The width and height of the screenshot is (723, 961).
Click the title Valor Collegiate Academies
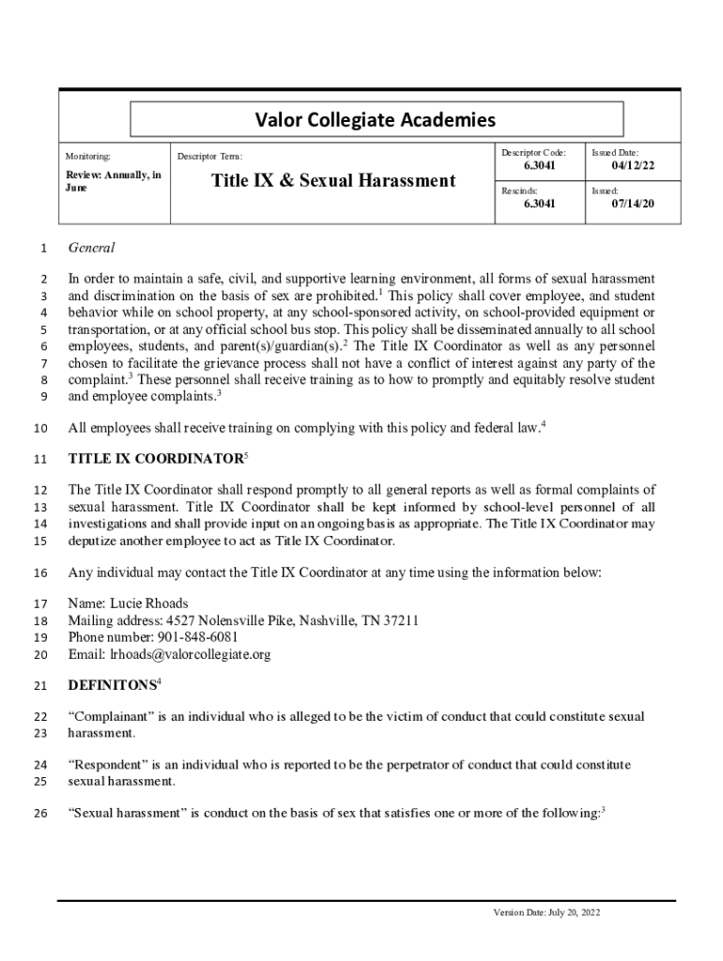pos(376,119)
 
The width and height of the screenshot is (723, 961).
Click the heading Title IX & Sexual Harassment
pos(333,180)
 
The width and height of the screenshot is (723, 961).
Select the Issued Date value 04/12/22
pos(633,166)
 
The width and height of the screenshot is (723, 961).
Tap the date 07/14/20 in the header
pos(633,203)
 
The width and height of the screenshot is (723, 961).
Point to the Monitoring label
pos(87,156)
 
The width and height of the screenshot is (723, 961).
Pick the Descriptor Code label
pos(532,152)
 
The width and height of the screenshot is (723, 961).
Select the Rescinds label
pos(519,190)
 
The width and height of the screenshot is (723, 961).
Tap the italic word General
pos(92,248)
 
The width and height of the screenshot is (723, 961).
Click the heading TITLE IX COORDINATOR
pos(155,459)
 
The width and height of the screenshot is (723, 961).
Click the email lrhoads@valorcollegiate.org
pos(190,654)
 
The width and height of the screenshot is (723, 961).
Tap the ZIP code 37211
pos(400,620)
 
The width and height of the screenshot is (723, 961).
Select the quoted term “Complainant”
pos(111,716)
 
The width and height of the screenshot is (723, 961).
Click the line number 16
pos(39,572)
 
